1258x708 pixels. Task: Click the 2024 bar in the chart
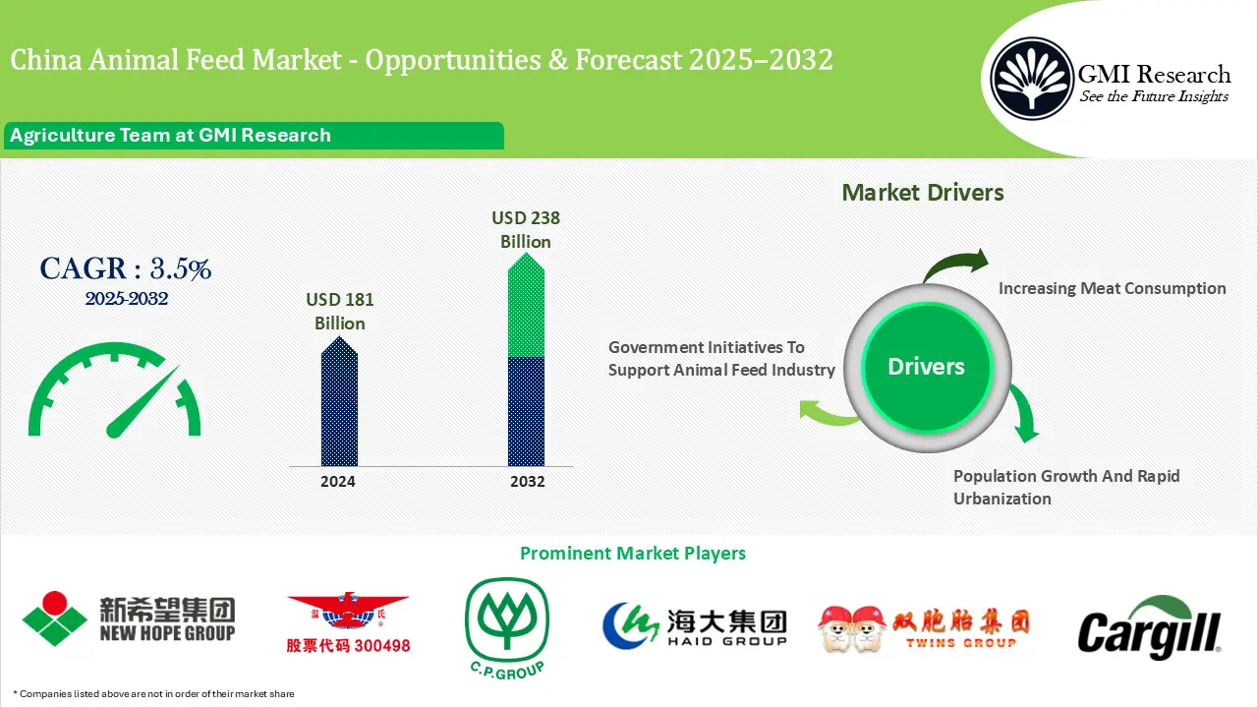tap(339, 403)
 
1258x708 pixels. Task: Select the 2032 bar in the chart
tap(526, 364)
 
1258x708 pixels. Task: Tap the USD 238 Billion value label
tap(526, 229)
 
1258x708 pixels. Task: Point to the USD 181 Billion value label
tap(340, 311)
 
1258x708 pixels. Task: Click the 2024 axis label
tap(338, 482)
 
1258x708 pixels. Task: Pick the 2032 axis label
tap(527, 482)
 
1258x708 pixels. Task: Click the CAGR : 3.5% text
tap(125, 268)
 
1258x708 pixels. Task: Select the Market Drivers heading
tap(923, 193)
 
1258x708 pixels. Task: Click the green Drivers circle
tap(926, 367)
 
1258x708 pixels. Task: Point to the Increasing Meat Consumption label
tap(1112, 288)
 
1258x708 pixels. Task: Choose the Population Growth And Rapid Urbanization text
tap(1065, 487)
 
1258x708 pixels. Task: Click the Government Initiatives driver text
tap(721, 359)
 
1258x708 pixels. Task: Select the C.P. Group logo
tap(507, 625)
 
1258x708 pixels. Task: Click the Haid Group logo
tap(695, 625)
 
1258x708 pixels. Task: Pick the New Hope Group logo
tap(129, 618)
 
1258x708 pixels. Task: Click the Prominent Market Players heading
tap(632, 554)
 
